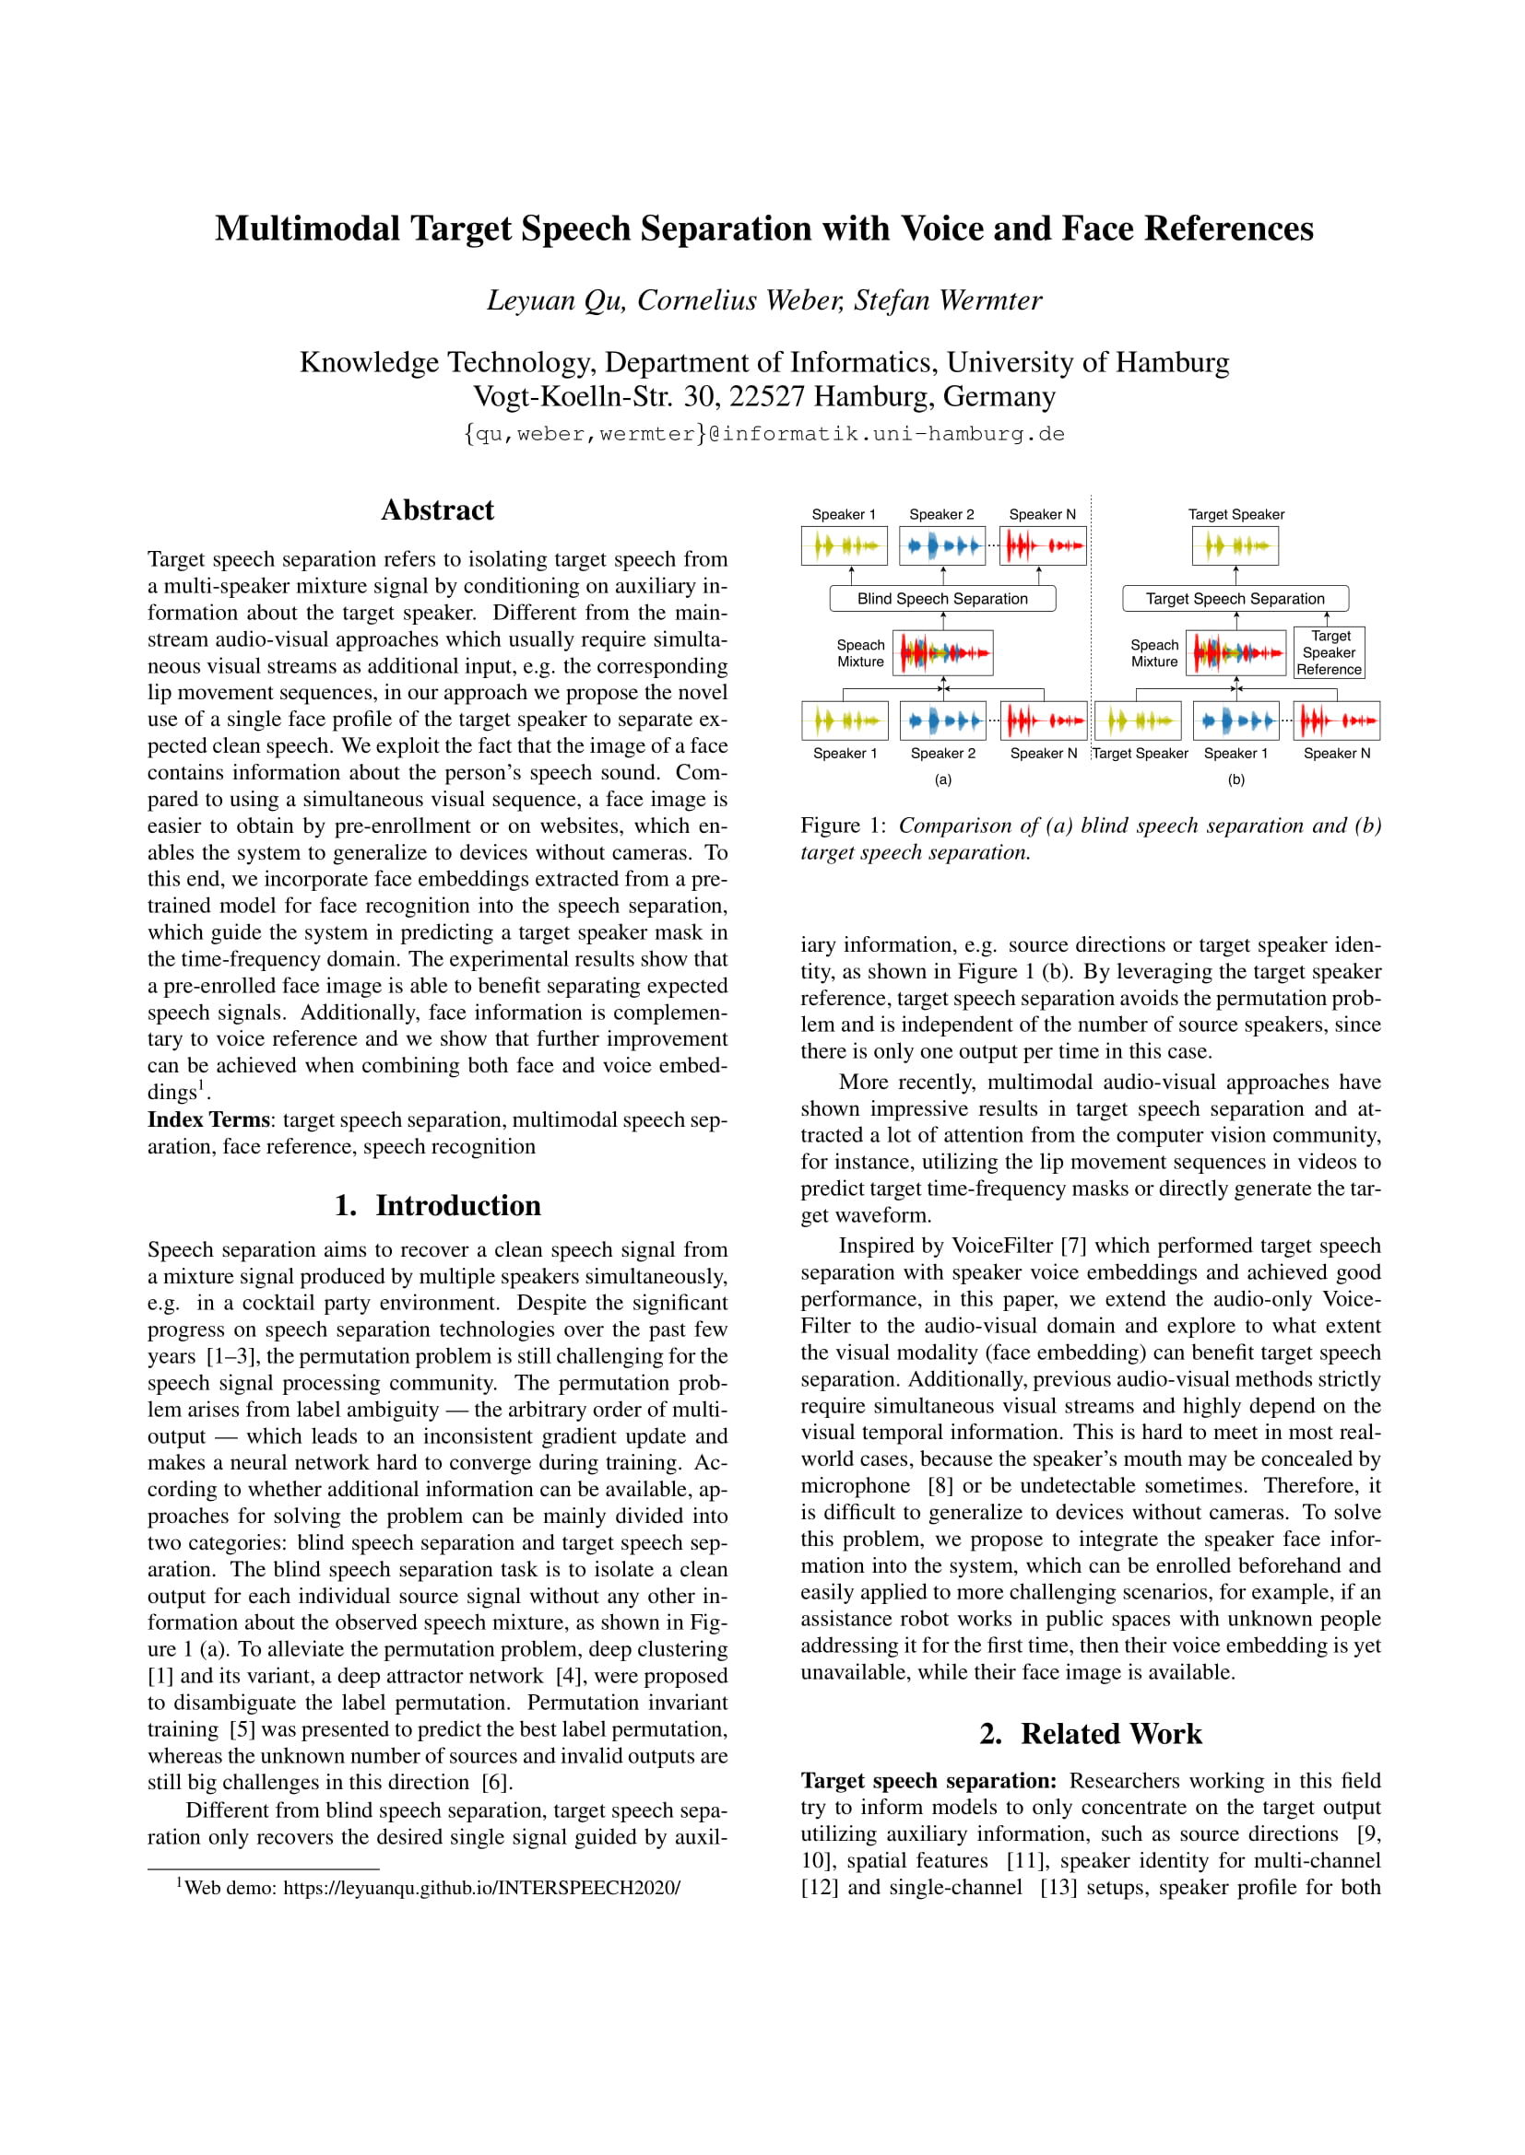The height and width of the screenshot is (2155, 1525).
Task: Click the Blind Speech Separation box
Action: click(942, 599)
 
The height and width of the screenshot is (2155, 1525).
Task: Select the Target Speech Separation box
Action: click(1235, 599)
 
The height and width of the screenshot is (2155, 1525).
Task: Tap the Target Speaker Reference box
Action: click(1329, 652)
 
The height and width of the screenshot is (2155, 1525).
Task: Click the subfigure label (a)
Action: click(943, 779)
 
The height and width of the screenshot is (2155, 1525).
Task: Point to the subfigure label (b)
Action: click(1235, 779)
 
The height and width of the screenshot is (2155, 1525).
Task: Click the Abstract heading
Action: click(437, 509)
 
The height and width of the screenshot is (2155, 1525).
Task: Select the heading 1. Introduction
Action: click(437, 1205)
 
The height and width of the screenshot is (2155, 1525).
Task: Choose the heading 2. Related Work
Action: click(1090, 1734)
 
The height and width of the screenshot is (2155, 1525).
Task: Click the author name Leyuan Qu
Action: click(556, 300)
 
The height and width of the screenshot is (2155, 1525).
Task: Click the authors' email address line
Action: click(763, 434)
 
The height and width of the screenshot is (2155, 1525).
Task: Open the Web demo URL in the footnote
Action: click(480, 1887)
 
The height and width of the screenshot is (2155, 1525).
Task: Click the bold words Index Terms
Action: click(207, 1119)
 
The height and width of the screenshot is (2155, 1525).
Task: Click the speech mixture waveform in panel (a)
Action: click(945, 652)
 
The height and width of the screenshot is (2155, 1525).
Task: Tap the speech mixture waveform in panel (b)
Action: click(1237, 652)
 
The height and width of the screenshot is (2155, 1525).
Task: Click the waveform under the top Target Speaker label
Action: click(1235, 545)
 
